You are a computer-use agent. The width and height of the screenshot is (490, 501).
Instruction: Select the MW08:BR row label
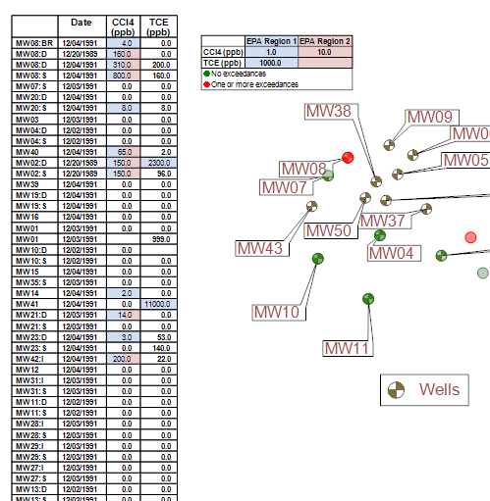click(30, 44)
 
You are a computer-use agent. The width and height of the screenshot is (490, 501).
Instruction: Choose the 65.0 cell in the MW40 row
click(124, 152)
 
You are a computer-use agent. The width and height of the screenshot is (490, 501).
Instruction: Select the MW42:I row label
click(30, 358)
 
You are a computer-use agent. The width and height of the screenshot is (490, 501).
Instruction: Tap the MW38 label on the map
click(329, 112)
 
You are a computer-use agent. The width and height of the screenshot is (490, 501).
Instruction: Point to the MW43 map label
click(259, 248)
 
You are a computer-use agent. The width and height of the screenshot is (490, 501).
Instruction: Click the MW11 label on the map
click(348, 348)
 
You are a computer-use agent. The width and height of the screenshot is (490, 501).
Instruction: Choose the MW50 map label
click(328, 230)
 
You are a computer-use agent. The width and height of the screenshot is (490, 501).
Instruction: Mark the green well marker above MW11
click(367, 298)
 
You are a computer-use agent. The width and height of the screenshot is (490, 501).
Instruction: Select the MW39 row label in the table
click(30, 184)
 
